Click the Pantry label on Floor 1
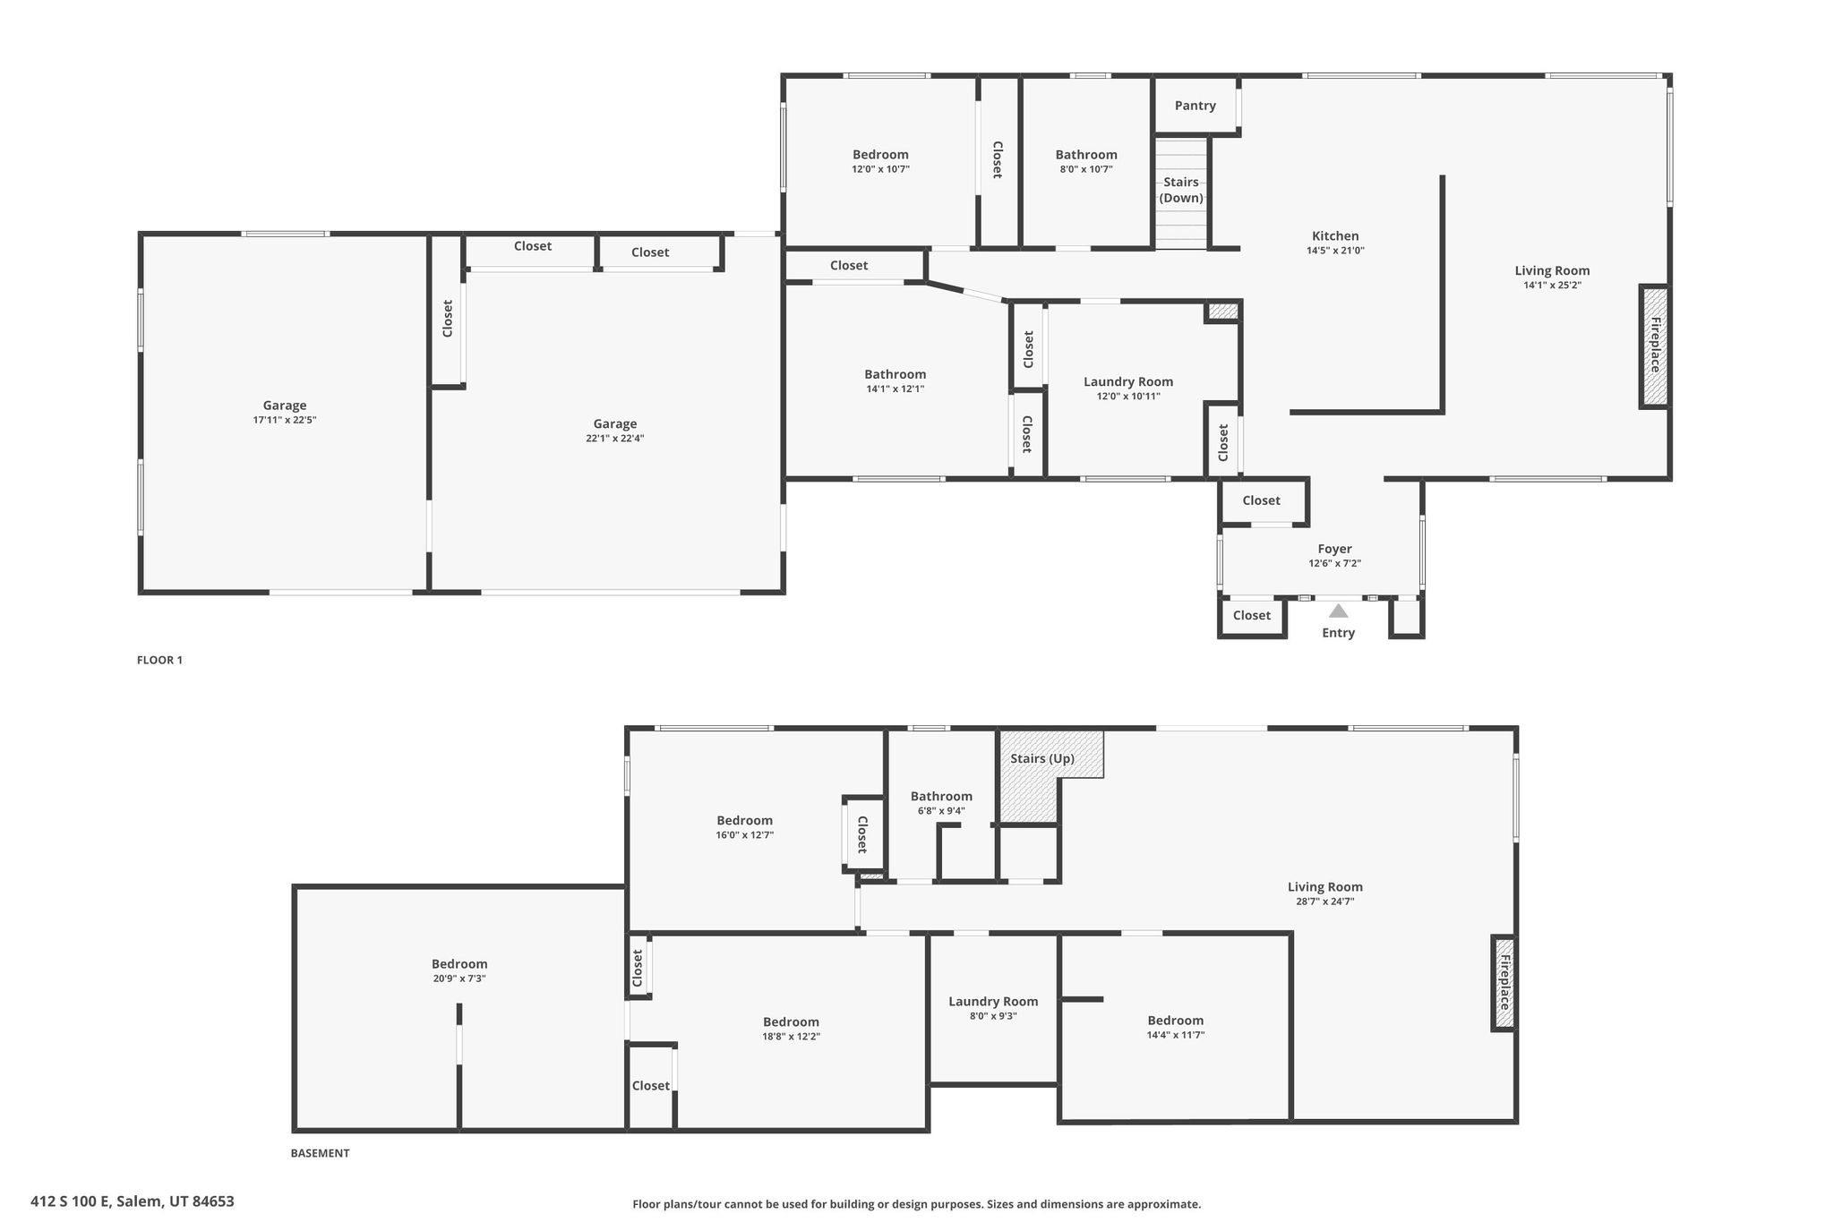pos(1195,106)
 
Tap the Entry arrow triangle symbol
pos(1338,611)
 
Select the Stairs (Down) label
pos(1181,190)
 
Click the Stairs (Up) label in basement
pos(1041,758)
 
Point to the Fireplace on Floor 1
pos(1655,346)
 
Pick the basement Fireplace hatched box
pos(1504,983)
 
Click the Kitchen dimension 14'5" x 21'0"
pos(1335,252)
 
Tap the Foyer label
pos(1334,549)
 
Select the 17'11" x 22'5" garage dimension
pos(285,420)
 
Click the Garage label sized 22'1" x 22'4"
pos(615,423)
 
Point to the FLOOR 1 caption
pos(159,660)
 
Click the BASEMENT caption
pos(320,1153)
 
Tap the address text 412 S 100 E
pos(133,1201)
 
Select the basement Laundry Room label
pos(993,1002)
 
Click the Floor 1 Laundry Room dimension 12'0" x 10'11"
pos(1128,397)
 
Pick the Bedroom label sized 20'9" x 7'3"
pos(459,964)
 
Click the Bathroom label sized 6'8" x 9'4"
pos(941,796)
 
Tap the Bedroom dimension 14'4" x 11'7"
pos(1175,1035)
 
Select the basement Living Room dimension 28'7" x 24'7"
pos(1324,902)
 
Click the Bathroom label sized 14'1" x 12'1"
pos(895,374)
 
